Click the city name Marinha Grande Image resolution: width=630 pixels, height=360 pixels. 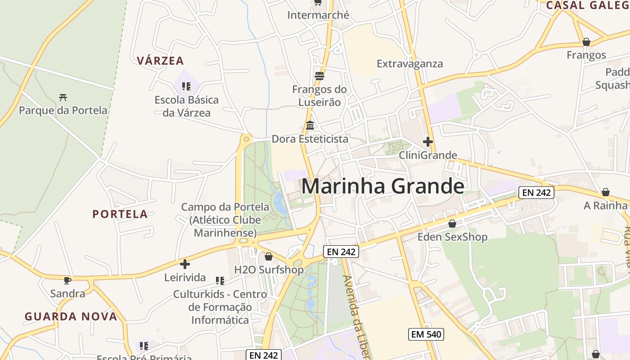(x=382, y=186)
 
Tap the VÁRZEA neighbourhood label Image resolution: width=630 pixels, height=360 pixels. (x=161, y=61)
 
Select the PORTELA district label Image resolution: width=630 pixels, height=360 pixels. (x=120, y=214)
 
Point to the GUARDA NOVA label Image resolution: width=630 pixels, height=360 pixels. (x=71, y=316)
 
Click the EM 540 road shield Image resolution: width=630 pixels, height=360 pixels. (x=426, y=334)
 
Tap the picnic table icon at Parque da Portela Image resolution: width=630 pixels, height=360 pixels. (x=63, y=97)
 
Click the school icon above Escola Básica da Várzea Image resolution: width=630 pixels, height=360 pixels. (x=186, y=86)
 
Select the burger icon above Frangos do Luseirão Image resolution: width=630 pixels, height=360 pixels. (x=319, y=76)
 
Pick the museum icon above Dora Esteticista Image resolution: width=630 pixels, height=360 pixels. (x=310, y=125)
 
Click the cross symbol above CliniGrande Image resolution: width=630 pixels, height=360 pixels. (x=428, y=142)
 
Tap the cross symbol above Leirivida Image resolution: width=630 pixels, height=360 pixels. (x=185, y=264)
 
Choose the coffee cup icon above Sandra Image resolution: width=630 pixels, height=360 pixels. (x=67, y=280)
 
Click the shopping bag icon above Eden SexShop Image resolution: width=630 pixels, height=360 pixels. (x=452, y=224)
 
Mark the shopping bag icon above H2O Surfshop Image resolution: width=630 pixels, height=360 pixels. (x=269, y=256)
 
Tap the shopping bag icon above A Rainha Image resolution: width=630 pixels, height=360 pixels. (x=606, y=192)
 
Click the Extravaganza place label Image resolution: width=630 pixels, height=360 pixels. (x=409, y=63)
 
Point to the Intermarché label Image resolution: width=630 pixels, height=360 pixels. (x=318, y=15)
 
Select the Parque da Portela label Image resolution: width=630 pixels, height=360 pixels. (x=63, y=110)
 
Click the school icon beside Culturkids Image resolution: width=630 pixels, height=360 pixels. (x=220, y=281)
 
